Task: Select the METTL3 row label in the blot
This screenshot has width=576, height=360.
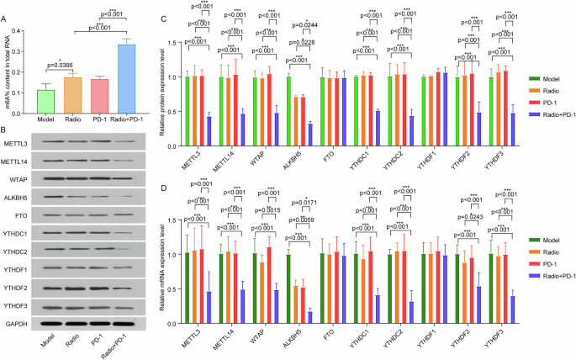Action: (18, 141)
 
